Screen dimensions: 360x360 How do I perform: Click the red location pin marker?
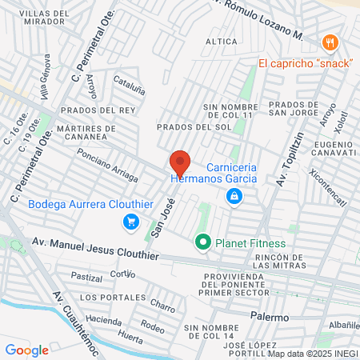pyautogui.click(x=179, y=164)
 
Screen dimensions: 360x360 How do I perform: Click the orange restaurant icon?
pyautogui.click(x=328, y=42)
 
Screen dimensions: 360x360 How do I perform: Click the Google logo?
pyautogui.click(x=26, y=350)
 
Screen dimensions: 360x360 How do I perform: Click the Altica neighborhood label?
pyautogui.click(x=222, y=41)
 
